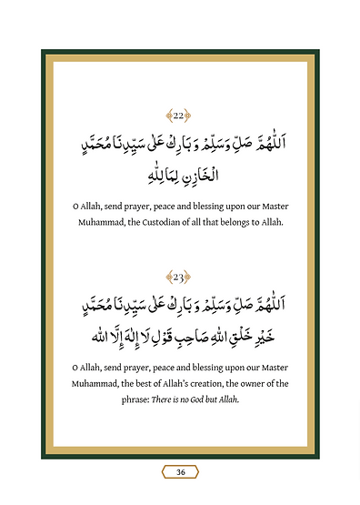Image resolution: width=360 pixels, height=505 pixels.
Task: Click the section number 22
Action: (x=180, y=115)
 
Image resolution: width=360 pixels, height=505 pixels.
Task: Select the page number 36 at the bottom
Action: (x=180, y=471)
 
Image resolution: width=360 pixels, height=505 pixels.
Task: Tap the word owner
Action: (x=266, y=383)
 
